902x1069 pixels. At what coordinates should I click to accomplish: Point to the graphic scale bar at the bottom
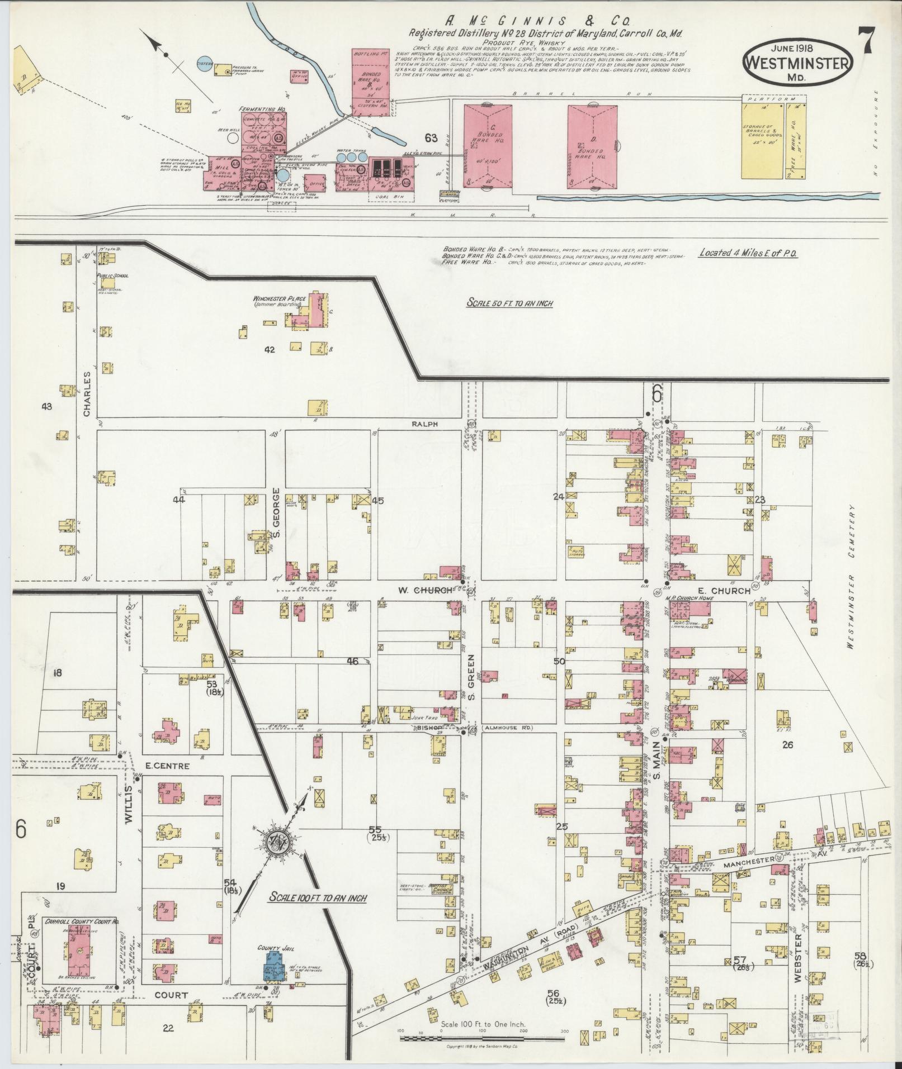pos(483,1038)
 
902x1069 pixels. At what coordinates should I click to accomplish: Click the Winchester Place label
pos(280,298)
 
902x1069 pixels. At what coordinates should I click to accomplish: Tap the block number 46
pos(352,662)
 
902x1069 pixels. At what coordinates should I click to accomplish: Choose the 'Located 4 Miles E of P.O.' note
pos(748,253)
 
